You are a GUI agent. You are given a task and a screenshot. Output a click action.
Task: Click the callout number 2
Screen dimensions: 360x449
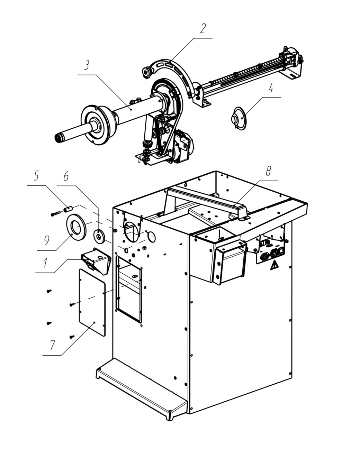(x=203, y=28)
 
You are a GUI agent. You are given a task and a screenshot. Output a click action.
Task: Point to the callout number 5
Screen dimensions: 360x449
(x=36, y=176)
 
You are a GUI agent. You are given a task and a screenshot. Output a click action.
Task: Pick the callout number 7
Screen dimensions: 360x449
(x=52, y=345)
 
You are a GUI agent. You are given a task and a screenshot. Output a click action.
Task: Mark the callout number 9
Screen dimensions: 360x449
(x=47, y=240)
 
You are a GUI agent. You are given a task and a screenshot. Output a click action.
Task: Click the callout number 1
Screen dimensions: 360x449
(x=45, y=263)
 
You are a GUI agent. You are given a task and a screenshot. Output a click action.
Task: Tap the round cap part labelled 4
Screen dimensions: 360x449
(x=239, y=119)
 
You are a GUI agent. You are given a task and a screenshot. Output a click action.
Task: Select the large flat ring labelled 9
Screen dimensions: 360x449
(x=76, y=227)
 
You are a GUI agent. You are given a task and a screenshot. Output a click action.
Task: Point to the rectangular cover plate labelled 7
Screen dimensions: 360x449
(x=92, y=302)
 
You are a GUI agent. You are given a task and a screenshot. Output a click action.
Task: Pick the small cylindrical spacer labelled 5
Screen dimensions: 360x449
(x=68, y=209)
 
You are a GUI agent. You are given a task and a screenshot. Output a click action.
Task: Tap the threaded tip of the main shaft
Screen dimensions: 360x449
(x=58, y=138)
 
